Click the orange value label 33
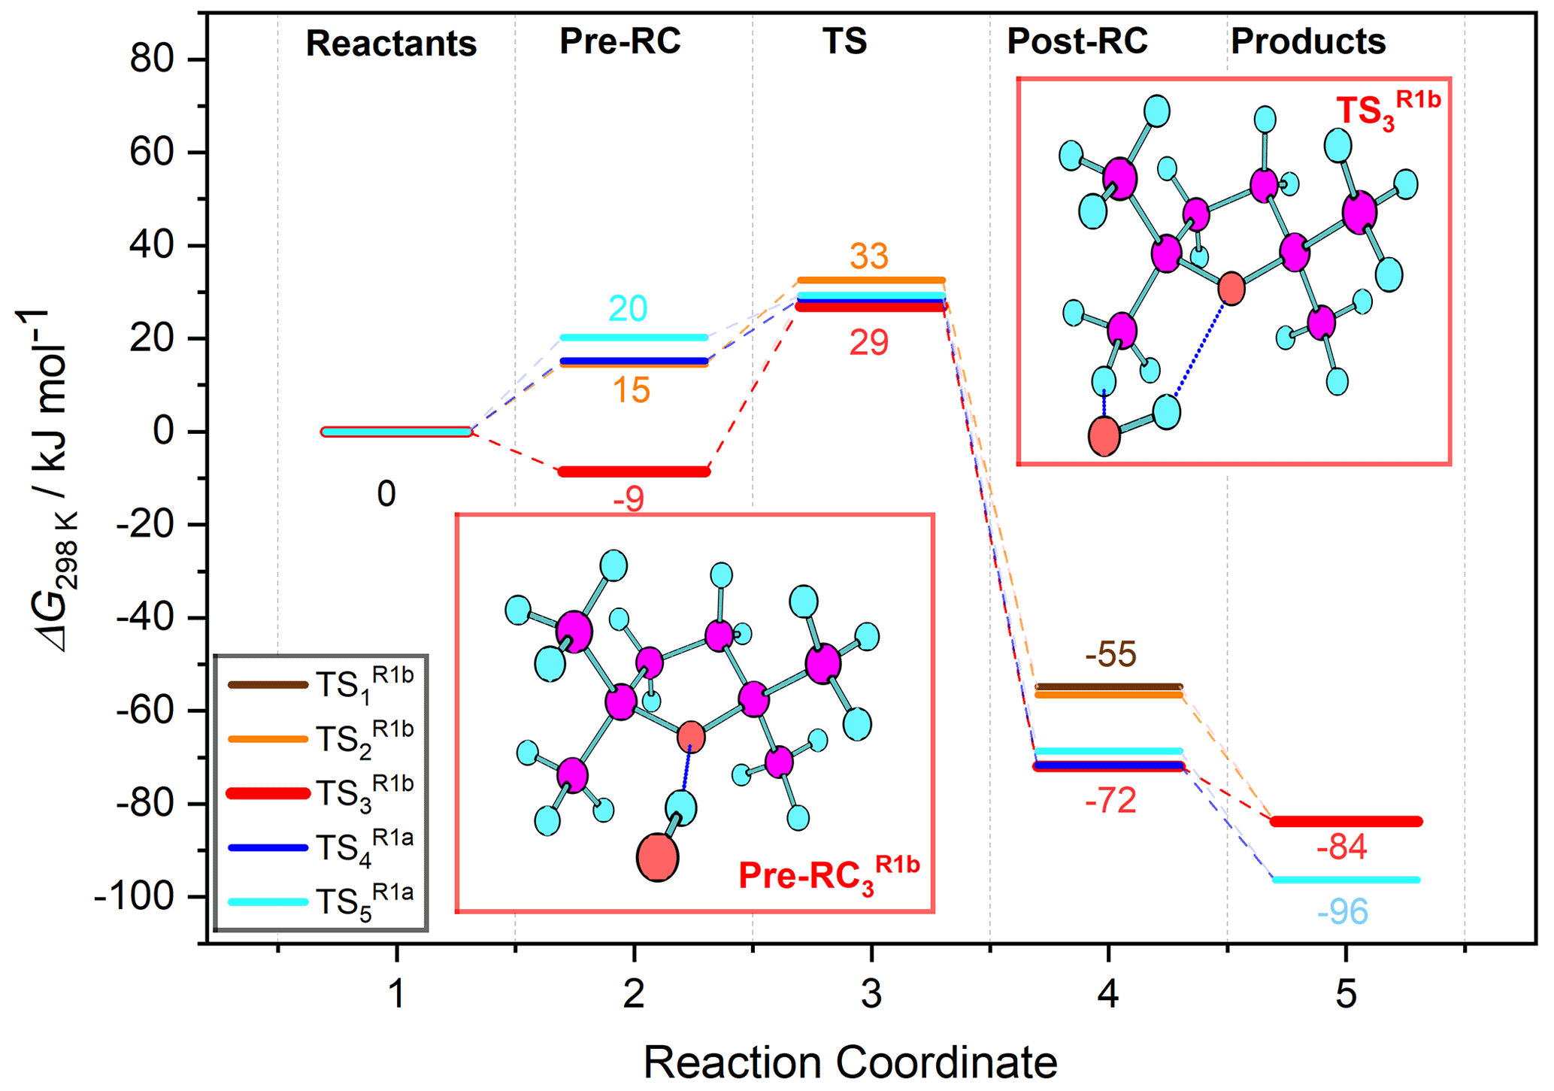coord(869,256)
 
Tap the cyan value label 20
coord(628,308)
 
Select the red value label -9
coord(629,500)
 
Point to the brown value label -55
coord(1110,655)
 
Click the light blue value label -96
coord(1343,912)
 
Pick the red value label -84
coord(1342,848)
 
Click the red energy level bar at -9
coord(634,472)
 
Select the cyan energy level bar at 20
coord(634,338)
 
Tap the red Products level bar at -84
coord(1346,822)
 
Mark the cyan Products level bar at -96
coord(1346,880)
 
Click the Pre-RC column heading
coord(619,41)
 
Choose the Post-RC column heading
coord(1077,41)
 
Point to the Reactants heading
coord(391,44)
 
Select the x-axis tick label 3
coord(871,995)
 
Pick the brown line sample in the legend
coord(268,685)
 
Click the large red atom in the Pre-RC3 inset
coord(657,857)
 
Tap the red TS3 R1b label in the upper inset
coord(1387,109)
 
